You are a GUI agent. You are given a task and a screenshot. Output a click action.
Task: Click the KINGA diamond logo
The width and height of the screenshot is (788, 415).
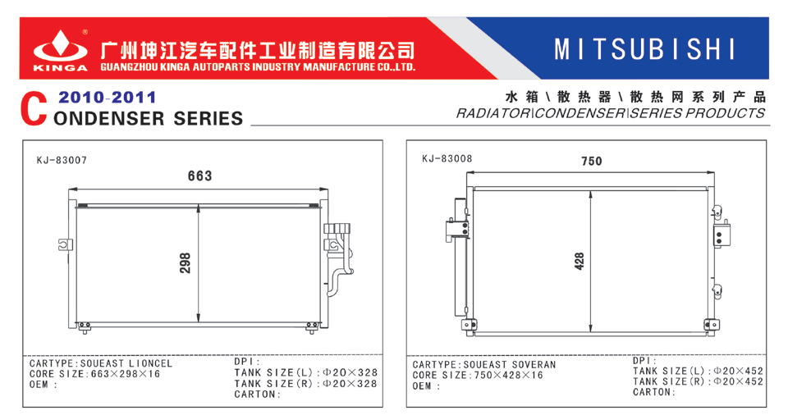tap(60, 48)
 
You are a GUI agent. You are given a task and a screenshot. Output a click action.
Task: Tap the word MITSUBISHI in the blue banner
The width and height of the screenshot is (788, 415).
tap(644, 49)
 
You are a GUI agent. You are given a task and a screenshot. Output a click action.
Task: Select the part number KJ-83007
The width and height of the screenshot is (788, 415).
tap(62, 160)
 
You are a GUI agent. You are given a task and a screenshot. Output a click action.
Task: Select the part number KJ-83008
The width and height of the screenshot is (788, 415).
tap(447, 159)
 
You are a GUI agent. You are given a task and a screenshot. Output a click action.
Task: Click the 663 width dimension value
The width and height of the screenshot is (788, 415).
tap(200, 176)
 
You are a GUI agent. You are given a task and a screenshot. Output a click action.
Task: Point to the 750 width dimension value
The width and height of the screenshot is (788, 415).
tap(592, 162)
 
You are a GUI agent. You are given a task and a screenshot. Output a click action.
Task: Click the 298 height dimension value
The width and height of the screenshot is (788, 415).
tap(185, 262)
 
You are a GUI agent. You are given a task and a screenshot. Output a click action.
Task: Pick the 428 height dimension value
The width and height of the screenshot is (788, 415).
tap(579, 262)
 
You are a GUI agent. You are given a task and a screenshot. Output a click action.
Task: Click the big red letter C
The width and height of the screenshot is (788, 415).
tap(34, 108)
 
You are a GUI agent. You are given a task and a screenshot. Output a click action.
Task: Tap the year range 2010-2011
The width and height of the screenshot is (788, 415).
tap(107, 97)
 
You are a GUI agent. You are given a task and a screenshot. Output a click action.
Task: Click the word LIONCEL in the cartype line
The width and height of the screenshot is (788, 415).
tap(150, 363)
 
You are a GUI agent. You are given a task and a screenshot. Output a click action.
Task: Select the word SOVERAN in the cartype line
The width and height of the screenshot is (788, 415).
tap(534, 365)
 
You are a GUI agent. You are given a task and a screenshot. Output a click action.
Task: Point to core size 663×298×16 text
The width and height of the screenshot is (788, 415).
tap(126, 374)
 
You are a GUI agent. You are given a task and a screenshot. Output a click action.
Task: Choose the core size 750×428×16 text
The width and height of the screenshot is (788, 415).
tap(509, 376)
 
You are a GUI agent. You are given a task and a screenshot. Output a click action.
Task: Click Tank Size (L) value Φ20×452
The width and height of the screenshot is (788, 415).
tap(738, 371)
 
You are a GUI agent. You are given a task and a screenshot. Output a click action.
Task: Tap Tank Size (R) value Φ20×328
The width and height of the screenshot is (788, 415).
tap(350, 383)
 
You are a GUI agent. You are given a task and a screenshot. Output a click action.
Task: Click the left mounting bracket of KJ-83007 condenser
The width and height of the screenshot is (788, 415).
tap(66, 244)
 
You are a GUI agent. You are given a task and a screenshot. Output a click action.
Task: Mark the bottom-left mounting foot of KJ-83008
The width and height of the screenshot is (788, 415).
tap(469, 325)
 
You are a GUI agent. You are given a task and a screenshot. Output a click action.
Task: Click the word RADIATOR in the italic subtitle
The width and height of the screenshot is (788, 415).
tap(492, 113)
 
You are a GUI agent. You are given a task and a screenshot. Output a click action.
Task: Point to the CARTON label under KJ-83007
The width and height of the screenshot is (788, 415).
tap(257, 394)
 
